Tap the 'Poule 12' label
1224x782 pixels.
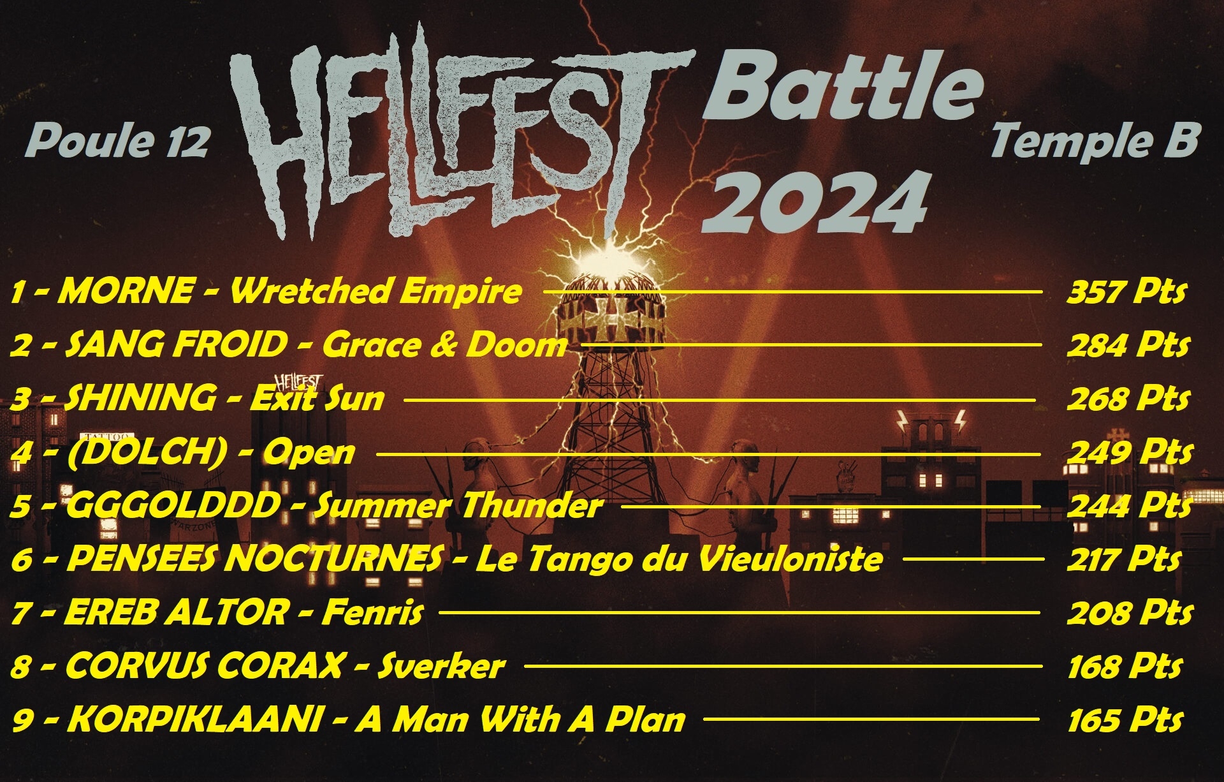(118, 141)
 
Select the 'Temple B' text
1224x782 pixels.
(1095, 141)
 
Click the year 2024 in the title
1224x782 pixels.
(814, 203)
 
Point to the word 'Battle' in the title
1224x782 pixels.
(841, 87)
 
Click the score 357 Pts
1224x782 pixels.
(1126, 292)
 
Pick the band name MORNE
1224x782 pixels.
(126, 291)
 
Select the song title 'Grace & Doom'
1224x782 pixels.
(444, 345)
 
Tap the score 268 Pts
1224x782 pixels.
(1128, 399)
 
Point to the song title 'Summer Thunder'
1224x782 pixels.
(458, 506)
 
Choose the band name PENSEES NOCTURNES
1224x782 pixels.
(254, 559)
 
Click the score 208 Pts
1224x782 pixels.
(1129, 613)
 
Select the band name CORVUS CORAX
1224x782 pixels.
(204, 667)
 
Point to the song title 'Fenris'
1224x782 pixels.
(372, 613)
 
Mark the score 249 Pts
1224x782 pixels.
(1129, 453)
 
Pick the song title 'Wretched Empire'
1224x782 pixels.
(375, 291)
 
